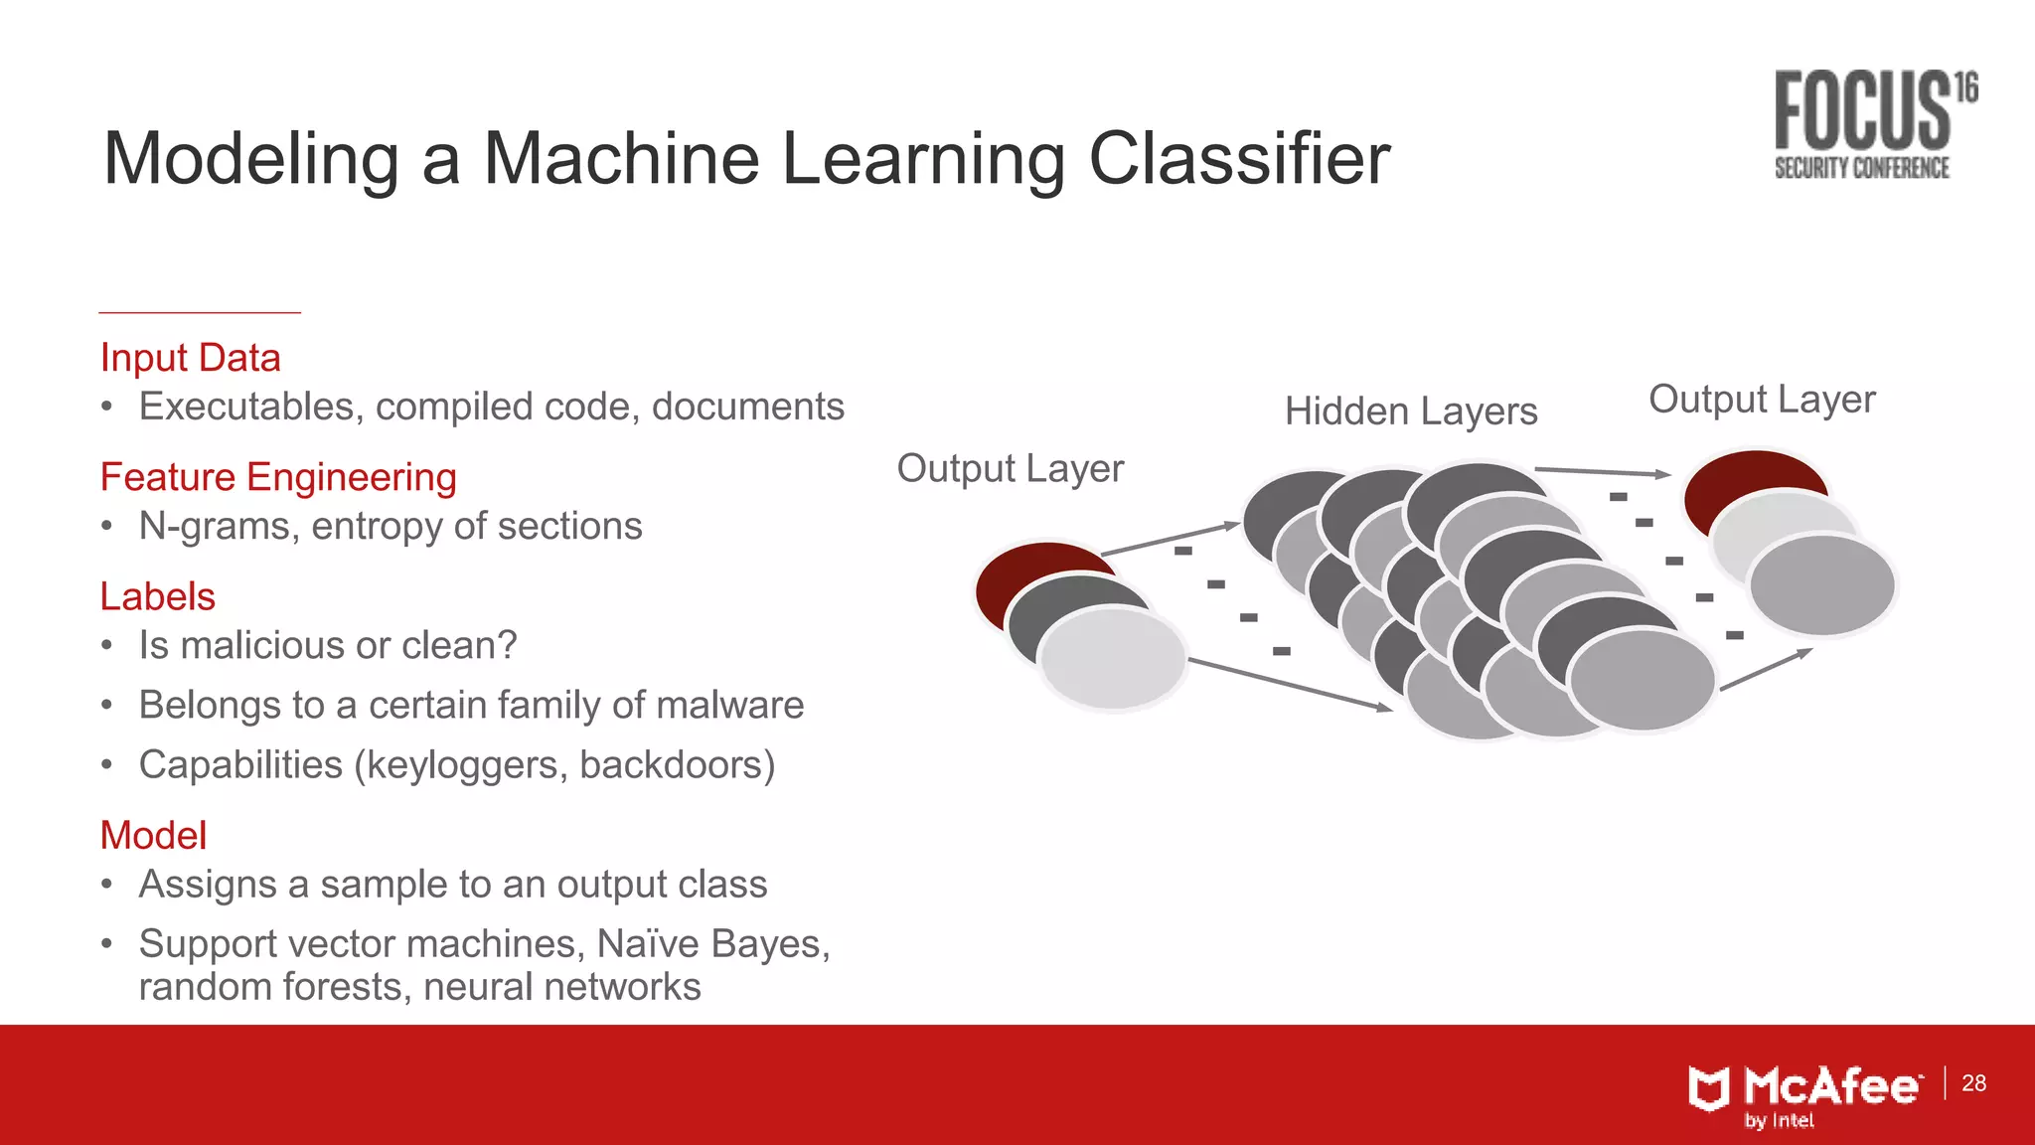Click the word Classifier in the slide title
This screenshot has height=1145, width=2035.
[x=1239, y=159]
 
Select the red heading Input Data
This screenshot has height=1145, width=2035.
[x=190, y=358]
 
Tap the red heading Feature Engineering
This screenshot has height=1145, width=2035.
[x=278, y=477]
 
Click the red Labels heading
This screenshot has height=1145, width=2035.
[x=157, y=596]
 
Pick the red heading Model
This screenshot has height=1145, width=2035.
[x=153, y=835]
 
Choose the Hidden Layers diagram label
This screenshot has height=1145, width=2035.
[x=1410, y=410]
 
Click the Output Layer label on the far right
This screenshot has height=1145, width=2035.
[x=1761, y=399]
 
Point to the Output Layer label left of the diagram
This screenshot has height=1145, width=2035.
[x=1010, y=468]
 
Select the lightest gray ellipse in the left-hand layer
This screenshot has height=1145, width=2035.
[x=1113, y=658]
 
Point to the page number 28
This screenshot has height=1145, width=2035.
[x=1973, y=1082]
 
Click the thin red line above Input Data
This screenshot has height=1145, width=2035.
[x=200, y=313]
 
